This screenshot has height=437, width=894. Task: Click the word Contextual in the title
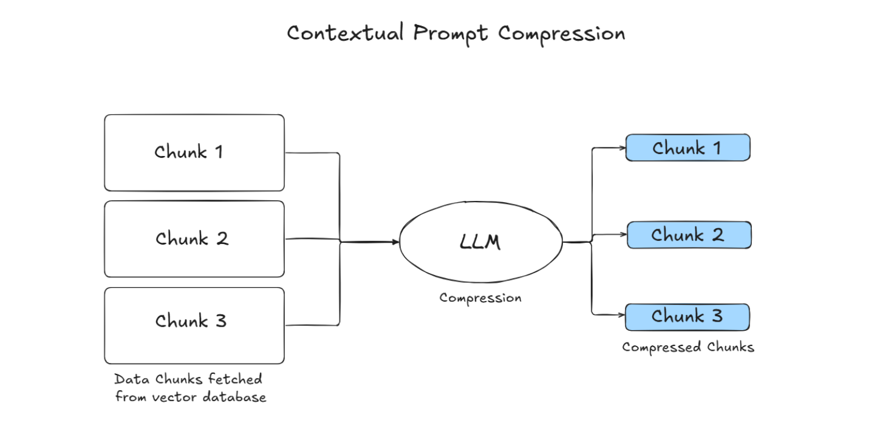pos(344,33)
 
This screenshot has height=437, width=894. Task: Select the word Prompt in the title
pos(450,34)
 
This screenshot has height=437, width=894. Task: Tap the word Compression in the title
pos(561,34)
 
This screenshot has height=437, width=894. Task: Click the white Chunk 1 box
pos(194,152)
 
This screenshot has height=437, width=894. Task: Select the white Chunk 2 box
pos(194,239)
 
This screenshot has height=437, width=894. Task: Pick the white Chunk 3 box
pos(194,325)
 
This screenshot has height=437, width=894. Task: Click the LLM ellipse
pos(480,242)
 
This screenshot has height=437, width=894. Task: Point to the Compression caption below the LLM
pos(480,298)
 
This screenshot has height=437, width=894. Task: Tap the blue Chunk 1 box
pos(688,147)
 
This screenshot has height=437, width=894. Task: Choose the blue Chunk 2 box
pos(689,235)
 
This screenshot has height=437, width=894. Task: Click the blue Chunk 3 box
pos(688,317)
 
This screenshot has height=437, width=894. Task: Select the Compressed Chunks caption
pos(688,347)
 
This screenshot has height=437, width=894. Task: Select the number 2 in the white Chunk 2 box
pos(222,239)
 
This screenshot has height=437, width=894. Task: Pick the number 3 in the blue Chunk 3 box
pos(716,316)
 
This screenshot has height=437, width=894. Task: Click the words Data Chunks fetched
pos(188,379)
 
